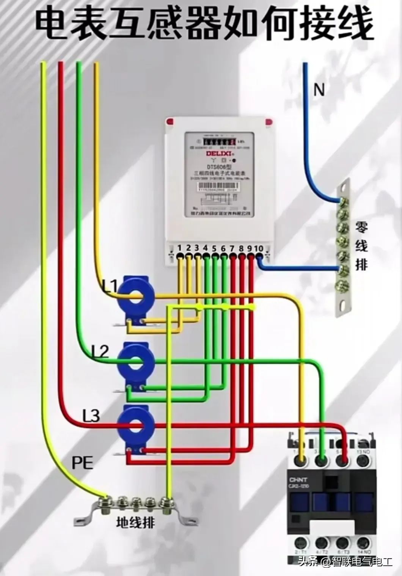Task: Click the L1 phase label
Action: [110, 286]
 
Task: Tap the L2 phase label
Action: [100, 352]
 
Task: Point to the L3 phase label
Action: [91, 416]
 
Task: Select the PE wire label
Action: [82, 463]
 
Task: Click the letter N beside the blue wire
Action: [319, 90]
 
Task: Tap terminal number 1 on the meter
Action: [180, 248]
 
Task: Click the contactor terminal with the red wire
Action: [342, 460]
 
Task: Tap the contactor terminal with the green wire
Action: [322, 460]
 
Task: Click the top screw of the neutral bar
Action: [344, 200]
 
